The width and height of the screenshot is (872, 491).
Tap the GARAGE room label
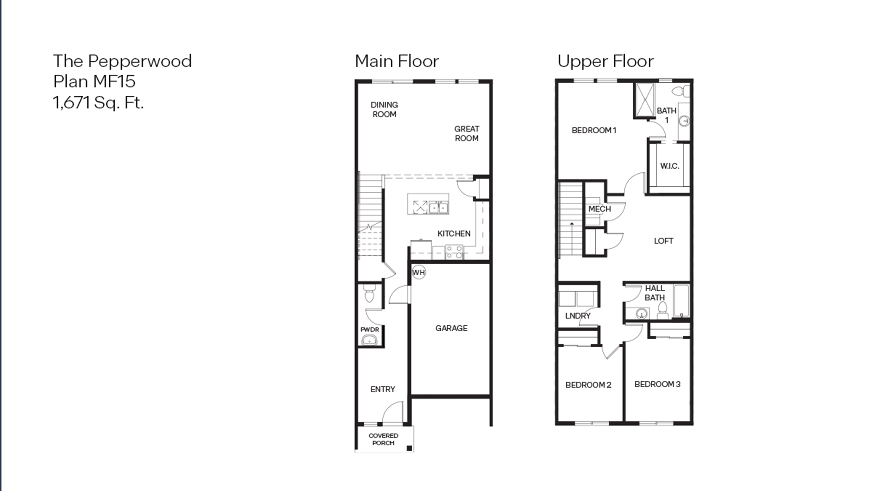tap(451, 328)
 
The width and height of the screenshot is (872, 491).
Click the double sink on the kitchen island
tap(438, 207)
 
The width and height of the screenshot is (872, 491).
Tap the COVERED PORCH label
tap(383, 439)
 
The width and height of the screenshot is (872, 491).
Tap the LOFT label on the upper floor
tap(663, 241)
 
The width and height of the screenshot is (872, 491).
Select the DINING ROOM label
tap(384, 109)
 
